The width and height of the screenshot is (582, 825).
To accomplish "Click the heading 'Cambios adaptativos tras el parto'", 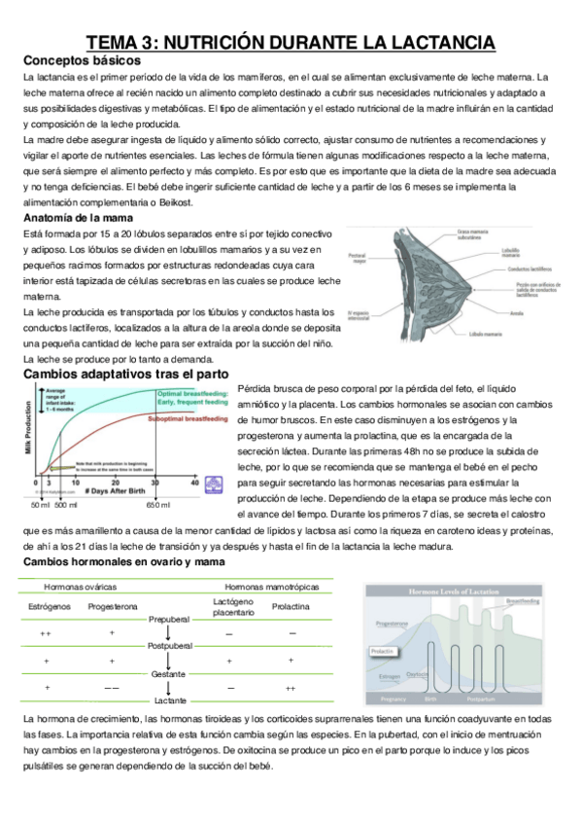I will [x=125, y=373].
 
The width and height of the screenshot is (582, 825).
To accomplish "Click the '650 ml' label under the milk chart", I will [x=159, y=506].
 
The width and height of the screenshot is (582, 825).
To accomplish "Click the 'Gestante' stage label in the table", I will [x=168, y=673].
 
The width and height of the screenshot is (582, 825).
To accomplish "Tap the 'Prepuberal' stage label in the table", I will [x=168, y=619].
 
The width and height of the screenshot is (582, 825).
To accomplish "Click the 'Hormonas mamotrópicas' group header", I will [x=264, y=588].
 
